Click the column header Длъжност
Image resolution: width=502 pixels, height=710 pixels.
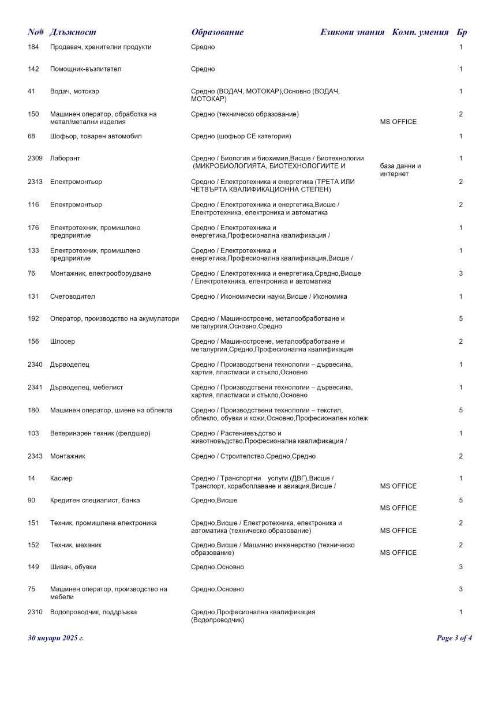(x=73, y=32)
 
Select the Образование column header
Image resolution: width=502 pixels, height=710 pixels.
(x=217, y=32)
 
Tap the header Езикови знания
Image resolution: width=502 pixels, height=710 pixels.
(x=352, y=32)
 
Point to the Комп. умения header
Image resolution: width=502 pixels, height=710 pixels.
(x=420, y=32)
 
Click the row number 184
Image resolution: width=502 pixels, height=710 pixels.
(x=33, y=47)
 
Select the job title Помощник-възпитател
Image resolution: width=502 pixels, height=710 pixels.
(x=85, y=69)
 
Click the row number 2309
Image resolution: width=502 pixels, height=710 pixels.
(x=35, y=158)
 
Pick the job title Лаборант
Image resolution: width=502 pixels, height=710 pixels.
(x=65, y=158)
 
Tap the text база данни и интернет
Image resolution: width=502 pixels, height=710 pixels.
(x=400, y=170)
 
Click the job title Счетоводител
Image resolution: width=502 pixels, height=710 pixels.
(x=72, y=296)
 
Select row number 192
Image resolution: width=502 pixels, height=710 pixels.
(x=33, y=318)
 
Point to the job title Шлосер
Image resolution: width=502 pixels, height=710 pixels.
(x=62, y=341)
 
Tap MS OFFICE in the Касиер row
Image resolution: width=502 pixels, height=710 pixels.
(x=398, y=486)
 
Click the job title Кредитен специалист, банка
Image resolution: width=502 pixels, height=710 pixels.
(x=95, y=500)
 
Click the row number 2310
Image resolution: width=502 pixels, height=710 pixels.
(x=35, y=612)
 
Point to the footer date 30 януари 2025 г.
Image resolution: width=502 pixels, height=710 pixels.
(x=55, y=638)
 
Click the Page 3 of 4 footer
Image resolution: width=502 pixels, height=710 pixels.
(x=455, y=638)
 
